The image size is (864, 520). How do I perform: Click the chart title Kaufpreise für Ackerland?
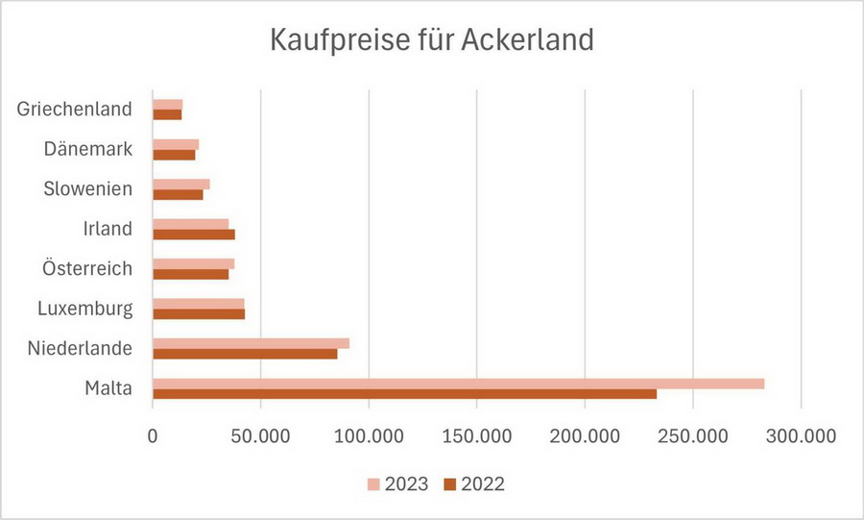[432, 40]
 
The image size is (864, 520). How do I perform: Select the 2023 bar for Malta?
[458, 384]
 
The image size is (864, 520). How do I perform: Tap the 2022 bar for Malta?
[404, 394]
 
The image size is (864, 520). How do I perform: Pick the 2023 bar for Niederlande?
[251, 343]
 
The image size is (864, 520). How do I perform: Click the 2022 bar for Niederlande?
[245, 354]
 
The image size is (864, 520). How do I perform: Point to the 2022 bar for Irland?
[193, 235]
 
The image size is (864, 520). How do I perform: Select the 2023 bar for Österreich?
[193, 263]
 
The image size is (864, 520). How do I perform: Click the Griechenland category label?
[74, 109]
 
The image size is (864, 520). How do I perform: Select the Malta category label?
[108, 388]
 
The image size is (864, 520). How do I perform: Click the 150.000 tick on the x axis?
[477, 435]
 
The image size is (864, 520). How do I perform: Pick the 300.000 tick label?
[802, 435]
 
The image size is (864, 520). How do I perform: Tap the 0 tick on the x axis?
[153, 435]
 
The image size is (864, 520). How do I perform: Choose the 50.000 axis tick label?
[261, 435]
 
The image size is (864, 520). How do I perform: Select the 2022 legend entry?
[473, 483]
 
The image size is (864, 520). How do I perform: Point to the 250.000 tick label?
[693, 435]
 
